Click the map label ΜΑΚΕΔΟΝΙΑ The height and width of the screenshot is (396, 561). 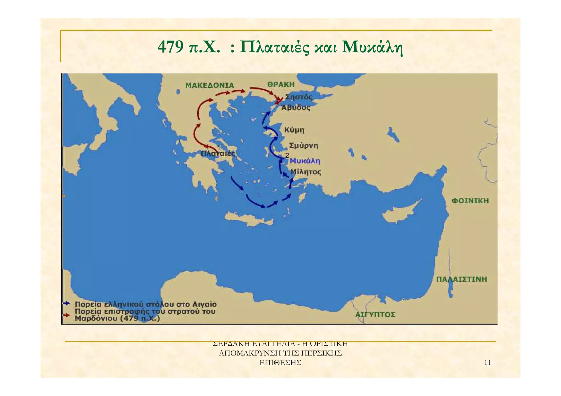210,85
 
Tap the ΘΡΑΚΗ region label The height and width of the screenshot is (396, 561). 281,85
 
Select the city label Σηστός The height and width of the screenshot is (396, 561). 299,97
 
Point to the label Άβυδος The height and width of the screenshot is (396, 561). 296,108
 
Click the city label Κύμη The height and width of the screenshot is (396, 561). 294,130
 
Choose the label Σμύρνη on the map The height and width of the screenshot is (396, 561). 304,146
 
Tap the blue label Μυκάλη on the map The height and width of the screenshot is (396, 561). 305,161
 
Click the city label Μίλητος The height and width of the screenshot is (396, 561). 306,172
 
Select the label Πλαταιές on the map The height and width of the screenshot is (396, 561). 218,154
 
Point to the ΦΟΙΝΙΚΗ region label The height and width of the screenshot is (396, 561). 470,201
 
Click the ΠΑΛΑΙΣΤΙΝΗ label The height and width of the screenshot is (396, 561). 462,279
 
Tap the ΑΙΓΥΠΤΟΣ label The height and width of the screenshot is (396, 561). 375,315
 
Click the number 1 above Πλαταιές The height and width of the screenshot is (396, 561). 219,148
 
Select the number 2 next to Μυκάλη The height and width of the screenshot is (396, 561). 287,155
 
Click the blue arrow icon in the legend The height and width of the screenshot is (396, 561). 67,303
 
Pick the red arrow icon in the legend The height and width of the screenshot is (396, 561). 67,315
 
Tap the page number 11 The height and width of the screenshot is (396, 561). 488,363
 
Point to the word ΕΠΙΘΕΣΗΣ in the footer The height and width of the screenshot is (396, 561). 280,363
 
